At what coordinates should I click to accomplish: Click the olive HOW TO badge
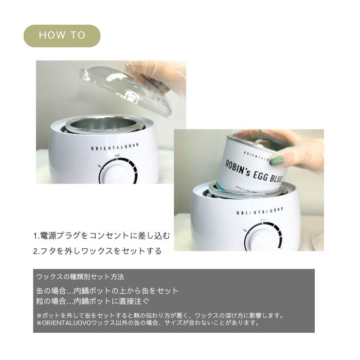[62, 35]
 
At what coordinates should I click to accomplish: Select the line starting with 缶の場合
[107, 291]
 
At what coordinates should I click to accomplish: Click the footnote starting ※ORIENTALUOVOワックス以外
[148, 323]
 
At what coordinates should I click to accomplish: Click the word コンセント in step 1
[113, 236]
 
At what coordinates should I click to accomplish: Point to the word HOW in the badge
[50, 35]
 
